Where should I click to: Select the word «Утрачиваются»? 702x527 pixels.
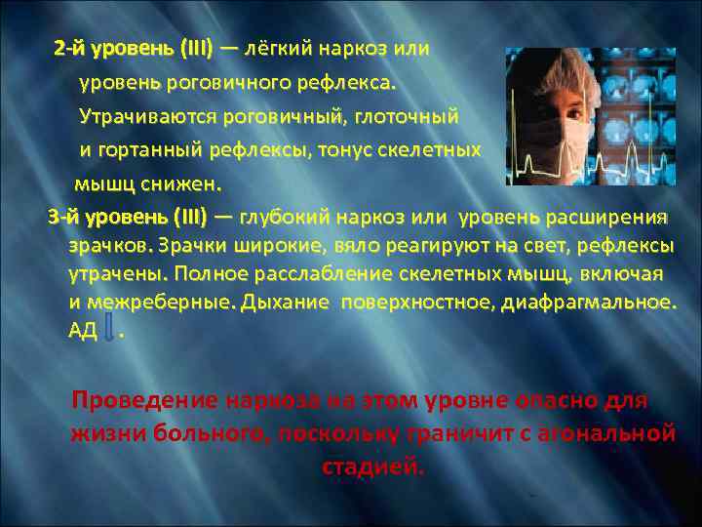click(146, 117)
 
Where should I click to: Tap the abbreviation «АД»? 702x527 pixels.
click(83, 332)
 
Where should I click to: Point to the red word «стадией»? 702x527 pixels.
click(372, 466)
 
